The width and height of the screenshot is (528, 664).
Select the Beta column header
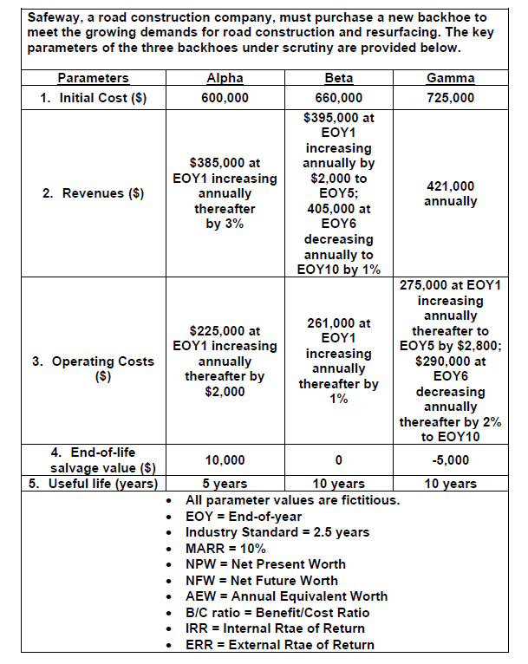338,78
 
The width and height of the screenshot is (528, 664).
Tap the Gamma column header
451,78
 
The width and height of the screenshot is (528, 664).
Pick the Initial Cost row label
94,97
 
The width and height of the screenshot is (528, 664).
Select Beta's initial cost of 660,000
338,97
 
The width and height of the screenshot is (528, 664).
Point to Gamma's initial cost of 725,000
451,97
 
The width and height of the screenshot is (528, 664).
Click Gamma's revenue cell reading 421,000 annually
451,193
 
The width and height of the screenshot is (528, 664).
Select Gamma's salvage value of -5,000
451,459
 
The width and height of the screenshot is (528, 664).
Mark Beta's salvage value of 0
338,459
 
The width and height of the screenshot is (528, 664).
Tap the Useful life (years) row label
94,484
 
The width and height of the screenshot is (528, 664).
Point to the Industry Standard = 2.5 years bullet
277,532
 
